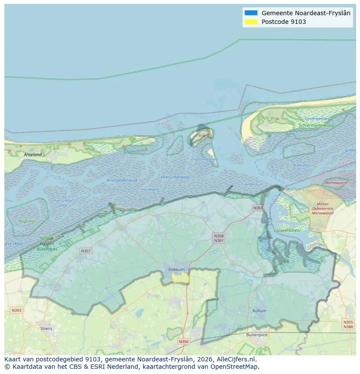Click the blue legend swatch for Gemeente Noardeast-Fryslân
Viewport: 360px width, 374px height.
[x=251, y=13]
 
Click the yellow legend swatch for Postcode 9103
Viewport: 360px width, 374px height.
[x=251, y=22]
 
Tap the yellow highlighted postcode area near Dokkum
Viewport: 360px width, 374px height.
[x=180, y=278]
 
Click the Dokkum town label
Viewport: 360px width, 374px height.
[x=177, y=270]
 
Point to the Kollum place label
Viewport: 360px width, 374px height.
[x=259, y=311]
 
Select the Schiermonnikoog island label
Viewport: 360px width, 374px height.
[x=316, y=125]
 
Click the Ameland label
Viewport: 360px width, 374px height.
[x=33, y=155]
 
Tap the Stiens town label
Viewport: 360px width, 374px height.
[x=46, y=328]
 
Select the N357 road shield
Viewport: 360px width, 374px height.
[x=86, y=251]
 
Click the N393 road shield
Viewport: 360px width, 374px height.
[x=16, y=310]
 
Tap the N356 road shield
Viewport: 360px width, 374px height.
[x=184, y=341]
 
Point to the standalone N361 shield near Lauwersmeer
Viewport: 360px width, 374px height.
[x=258, y=209]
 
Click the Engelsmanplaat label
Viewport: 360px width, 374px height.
[x=205, y=159]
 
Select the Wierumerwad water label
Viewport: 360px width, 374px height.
[x=175, y=177]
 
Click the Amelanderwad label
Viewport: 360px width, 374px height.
[x=122, y=180]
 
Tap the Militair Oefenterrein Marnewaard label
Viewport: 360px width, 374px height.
[x=323, y=209]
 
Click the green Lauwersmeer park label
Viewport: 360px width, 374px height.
[x=287, y=230]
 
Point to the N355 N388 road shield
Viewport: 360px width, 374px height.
[x=348, y=324]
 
